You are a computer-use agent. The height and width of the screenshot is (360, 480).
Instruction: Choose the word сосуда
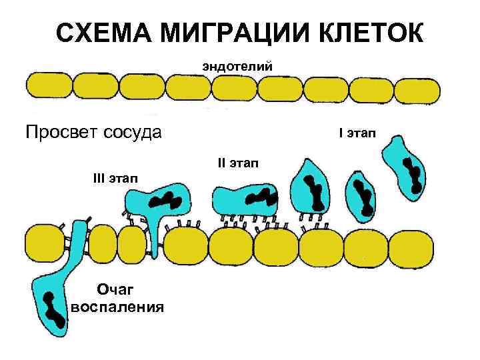pos(131,131)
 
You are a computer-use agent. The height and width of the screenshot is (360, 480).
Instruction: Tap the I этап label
pos(357,134)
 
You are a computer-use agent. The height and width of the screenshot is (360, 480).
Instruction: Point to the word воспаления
pos(118,307)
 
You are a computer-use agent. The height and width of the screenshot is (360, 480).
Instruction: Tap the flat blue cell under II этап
pos(245,200)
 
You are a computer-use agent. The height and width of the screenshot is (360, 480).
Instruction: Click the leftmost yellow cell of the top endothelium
pos(47,87)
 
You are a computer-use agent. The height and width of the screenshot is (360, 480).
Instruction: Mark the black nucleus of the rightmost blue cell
pos(414,175)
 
